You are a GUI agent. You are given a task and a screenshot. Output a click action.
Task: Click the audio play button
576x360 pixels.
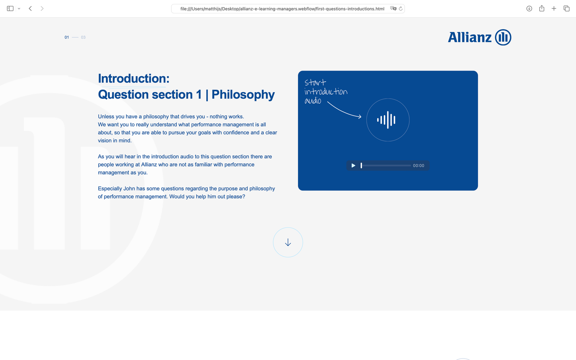[353, 166]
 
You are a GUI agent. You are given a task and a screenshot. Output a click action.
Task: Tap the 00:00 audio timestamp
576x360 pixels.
[418, 166]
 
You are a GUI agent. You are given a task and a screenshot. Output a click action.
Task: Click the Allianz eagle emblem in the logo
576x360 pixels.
[503, 37]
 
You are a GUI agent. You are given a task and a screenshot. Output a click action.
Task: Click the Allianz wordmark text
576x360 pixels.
[469, 37]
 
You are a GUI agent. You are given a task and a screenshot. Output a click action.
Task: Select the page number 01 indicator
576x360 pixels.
[67, 37]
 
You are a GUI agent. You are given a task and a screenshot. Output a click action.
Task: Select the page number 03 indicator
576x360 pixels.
[83, 37]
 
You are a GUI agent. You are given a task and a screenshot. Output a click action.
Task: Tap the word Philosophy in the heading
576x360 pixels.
[243, 95]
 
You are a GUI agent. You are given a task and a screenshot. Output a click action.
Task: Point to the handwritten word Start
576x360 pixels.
[315, 82]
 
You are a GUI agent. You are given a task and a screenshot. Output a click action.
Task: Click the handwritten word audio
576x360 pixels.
[313, 101]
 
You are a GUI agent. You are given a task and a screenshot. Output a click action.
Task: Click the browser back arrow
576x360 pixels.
[30, 9]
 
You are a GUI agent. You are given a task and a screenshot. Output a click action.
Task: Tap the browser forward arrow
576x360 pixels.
[42, 9]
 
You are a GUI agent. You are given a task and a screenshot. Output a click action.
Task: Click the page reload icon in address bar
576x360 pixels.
[401, 9]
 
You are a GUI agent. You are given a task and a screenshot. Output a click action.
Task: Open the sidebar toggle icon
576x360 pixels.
[10, 9]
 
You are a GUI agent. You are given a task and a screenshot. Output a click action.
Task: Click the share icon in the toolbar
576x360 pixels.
[542, 8]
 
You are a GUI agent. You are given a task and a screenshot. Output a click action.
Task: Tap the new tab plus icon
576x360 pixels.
[554, 9]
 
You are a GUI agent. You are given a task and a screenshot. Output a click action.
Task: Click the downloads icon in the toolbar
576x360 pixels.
[529, 9]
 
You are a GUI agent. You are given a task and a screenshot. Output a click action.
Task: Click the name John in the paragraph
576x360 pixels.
[129, 189]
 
